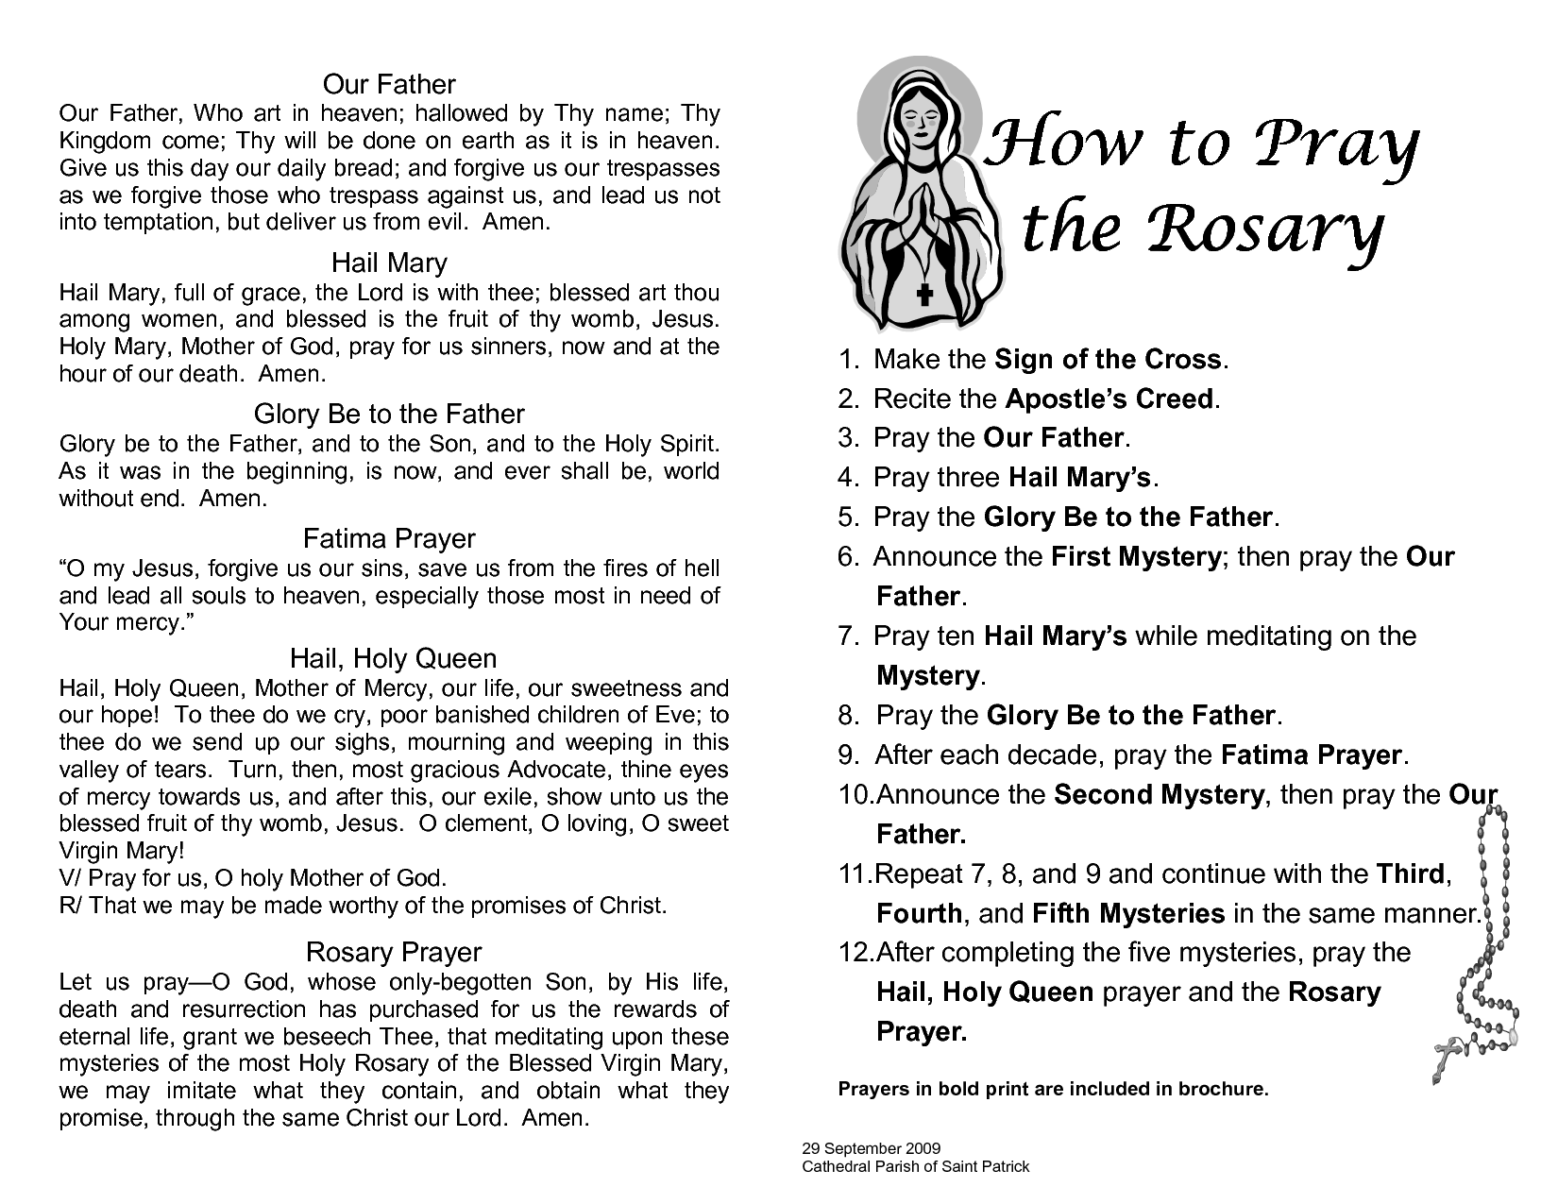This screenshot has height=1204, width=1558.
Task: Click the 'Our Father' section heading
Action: click(x=389, y=84)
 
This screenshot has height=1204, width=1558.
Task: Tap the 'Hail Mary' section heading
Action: click(x=389, y=263)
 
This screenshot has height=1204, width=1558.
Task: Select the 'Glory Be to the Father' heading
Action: click(x=389, y=414)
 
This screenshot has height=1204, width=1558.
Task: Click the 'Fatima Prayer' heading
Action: click(x=389, y=538)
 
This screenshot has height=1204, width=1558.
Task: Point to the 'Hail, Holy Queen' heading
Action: click(x=393, y=658)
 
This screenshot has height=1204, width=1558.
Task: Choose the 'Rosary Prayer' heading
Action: click(x=394, y=952)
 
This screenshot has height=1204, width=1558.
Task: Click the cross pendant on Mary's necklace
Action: click(x=924, y=293)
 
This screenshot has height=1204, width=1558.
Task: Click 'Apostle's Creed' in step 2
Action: click(x=1109, y=399)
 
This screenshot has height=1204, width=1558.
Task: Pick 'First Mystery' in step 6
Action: click(x=1136, y=557)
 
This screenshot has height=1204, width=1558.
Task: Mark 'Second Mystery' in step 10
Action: click(x=1158, y=795)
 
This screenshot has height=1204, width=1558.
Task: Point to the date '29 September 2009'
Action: click(x=871, y=1149)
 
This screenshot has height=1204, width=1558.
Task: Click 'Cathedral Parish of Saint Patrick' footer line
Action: click(x=915, y=1166)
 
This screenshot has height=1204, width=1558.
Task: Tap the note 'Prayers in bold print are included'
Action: click(x=1053, y=1089)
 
